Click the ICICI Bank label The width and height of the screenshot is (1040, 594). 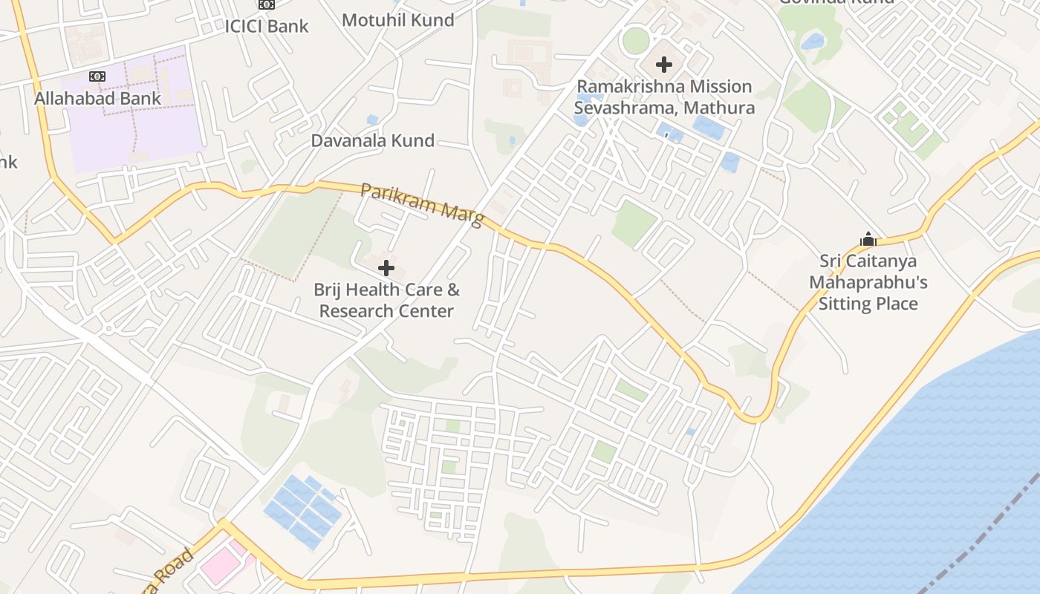click(x=267, y=26)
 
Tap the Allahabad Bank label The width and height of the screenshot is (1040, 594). click(x=97, y=98)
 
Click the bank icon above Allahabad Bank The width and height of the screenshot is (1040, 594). click(x=97, y=76)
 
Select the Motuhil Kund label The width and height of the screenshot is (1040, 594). click(x=398, y=20)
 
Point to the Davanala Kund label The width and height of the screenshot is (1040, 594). click(x=372, y=141)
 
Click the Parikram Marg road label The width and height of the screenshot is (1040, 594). click(x=420, y=204)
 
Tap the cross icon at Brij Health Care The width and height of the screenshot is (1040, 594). click(x=386, y=268)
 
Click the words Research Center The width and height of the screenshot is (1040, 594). click(x=386, y=311)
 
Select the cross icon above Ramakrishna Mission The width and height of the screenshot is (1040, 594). click(x=664, y=65)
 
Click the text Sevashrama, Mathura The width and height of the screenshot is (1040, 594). click(x=664, y=108)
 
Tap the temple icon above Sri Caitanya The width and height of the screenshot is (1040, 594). click(x=868, y=240)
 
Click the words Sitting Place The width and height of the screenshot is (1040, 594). click(x=868, y=304)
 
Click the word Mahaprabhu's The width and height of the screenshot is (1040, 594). click(x=868, y=283)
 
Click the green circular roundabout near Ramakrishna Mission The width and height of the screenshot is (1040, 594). click(x=635, y=40)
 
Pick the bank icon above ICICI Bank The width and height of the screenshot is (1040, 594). click(x=266, y=4)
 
